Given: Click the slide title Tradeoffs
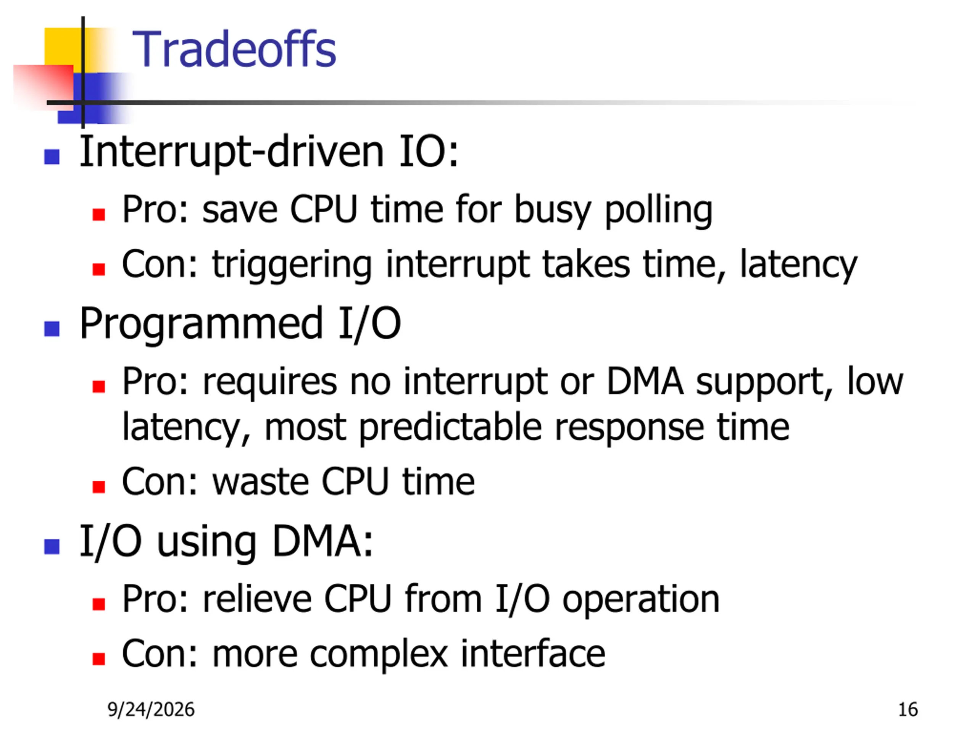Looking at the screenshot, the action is click(234, 48).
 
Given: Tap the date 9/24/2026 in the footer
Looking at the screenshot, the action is click(151, 710).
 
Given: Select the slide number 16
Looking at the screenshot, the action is click(908, 710).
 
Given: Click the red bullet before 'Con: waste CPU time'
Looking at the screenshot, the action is click(98, 487).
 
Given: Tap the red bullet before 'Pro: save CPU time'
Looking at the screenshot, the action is click(98, 214).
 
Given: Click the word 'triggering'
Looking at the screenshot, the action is click(292, 266).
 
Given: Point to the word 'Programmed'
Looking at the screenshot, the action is click(201, 325).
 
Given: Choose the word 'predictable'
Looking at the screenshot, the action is click(450, 428).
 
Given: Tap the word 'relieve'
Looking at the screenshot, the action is click(257, 599).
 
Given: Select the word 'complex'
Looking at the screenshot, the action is click(379, 655).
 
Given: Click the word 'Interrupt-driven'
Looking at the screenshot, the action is click(232, 152).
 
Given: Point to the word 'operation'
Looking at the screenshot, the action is click(641, 601).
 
